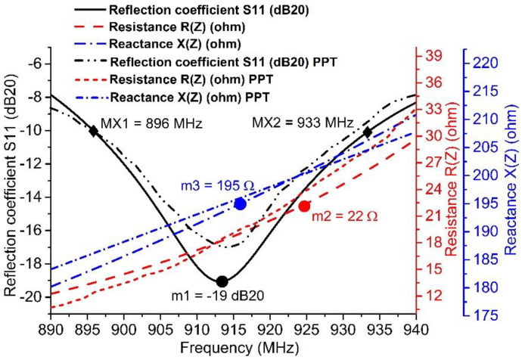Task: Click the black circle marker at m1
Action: point(222,281)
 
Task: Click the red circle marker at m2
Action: point(304,206)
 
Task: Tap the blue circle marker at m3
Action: point(241,204)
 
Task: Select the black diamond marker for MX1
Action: point(94,131)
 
